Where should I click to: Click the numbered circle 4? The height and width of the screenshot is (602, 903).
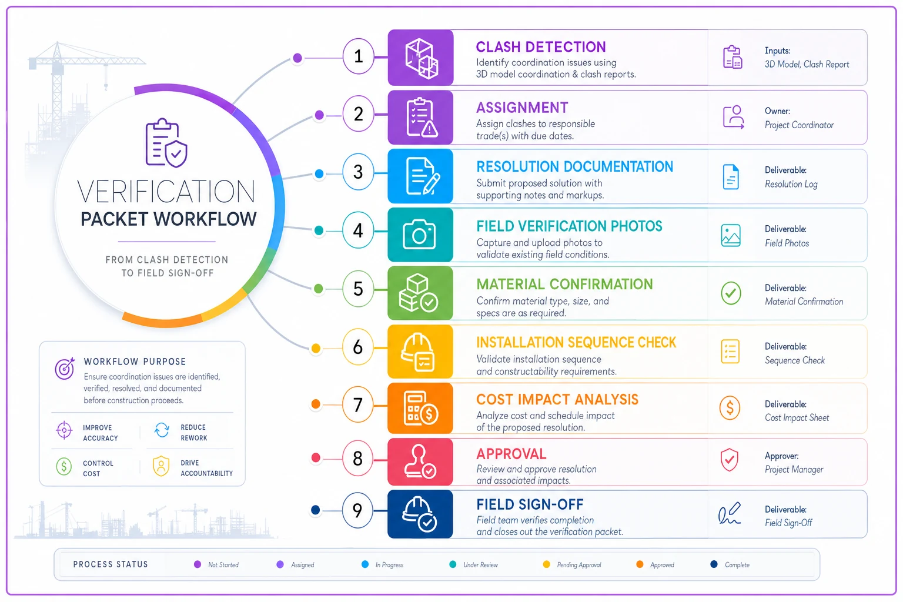[358, 230]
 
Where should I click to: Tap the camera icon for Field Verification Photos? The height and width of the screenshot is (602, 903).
[419, 234]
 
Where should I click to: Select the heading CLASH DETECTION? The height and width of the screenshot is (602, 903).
[541, 47]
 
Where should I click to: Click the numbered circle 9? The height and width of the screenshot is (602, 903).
[357, 510]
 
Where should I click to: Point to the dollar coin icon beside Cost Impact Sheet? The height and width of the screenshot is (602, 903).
[730, 407]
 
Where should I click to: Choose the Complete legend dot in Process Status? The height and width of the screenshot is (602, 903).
[714, 564]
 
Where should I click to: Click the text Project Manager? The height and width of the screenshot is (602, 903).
[794, 469]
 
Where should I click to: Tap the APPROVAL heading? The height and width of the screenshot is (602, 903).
[511, 454]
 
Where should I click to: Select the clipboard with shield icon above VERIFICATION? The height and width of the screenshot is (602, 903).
[166, 143]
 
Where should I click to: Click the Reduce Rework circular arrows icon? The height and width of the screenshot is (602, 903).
[162, 430]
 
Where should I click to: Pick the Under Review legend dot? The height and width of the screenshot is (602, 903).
[453, 564]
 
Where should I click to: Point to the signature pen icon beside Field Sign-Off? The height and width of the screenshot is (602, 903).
[730, 513]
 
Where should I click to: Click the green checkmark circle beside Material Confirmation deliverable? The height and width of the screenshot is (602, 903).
[731, 293]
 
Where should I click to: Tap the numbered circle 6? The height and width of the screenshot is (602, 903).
[357, 347]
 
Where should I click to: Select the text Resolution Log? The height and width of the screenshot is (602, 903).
[791, 184]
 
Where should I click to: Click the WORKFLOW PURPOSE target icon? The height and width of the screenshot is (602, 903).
[65, 368]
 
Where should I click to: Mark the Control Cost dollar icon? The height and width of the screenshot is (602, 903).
[63, 467]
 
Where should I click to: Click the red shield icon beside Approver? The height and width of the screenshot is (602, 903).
[729, 460]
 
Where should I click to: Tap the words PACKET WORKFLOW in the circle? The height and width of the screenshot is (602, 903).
[169, 219]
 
